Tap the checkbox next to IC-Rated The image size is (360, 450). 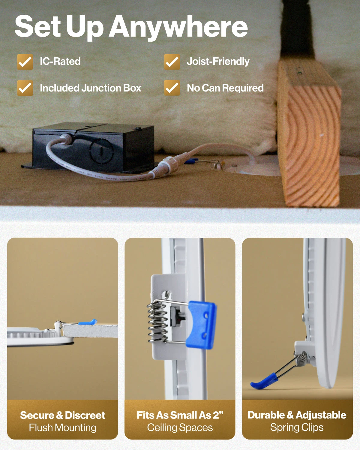[25, 62]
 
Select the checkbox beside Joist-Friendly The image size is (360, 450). [172, 62]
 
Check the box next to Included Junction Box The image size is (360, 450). [25, 88]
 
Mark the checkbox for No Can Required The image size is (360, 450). [172, 88]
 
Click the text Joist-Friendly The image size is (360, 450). [218, 61]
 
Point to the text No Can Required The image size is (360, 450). [225, 88]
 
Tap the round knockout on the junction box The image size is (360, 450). [102, 151]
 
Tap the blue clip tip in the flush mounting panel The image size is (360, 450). [88, 322]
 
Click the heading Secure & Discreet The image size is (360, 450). [62, 415]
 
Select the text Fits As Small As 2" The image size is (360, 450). [180, 415]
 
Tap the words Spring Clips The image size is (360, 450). [297, 427]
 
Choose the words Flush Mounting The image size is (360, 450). [62, 427]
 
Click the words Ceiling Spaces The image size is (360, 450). [180, 427]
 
